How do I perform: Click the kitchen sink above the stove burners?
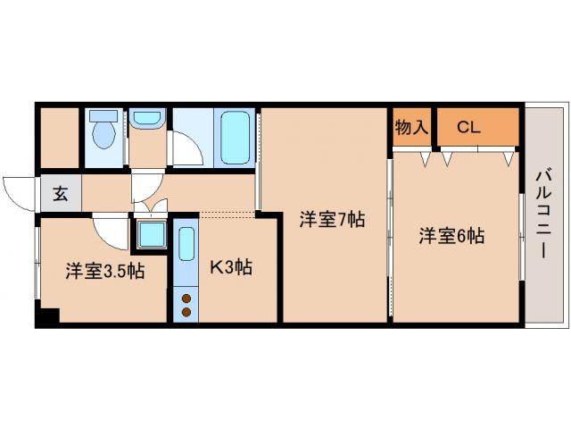point(186,254)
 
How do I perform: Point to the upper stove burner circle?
point(186,298)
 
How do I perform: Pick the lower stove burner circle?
point(186,311)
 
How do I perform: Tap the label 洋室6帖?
point(452,236)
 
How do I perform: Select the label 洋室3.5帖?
point(103,271)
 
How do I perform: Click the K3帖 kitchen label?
point(230,266)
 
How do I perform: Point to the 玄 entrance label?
point(59,194)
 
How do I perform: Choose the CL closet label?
point(468,127)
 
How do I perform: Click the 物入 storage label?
point(411,127)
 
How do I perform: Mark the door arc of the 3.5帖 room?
point(111,234)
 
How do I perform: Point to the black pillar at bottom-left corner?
point(48,316)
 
